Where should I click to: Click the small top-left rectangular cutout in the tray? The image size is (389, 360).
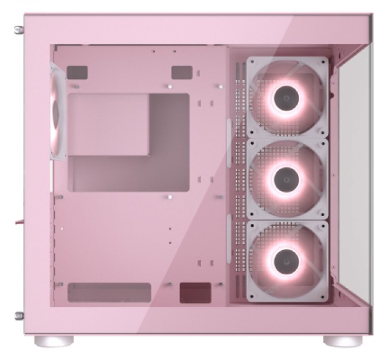tap(77, 72)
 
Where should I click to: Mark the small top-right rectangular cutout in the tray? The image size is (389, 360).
tap(182, 72)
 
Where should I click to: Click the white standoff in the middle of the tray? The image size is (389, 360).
tap(170, 198)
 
